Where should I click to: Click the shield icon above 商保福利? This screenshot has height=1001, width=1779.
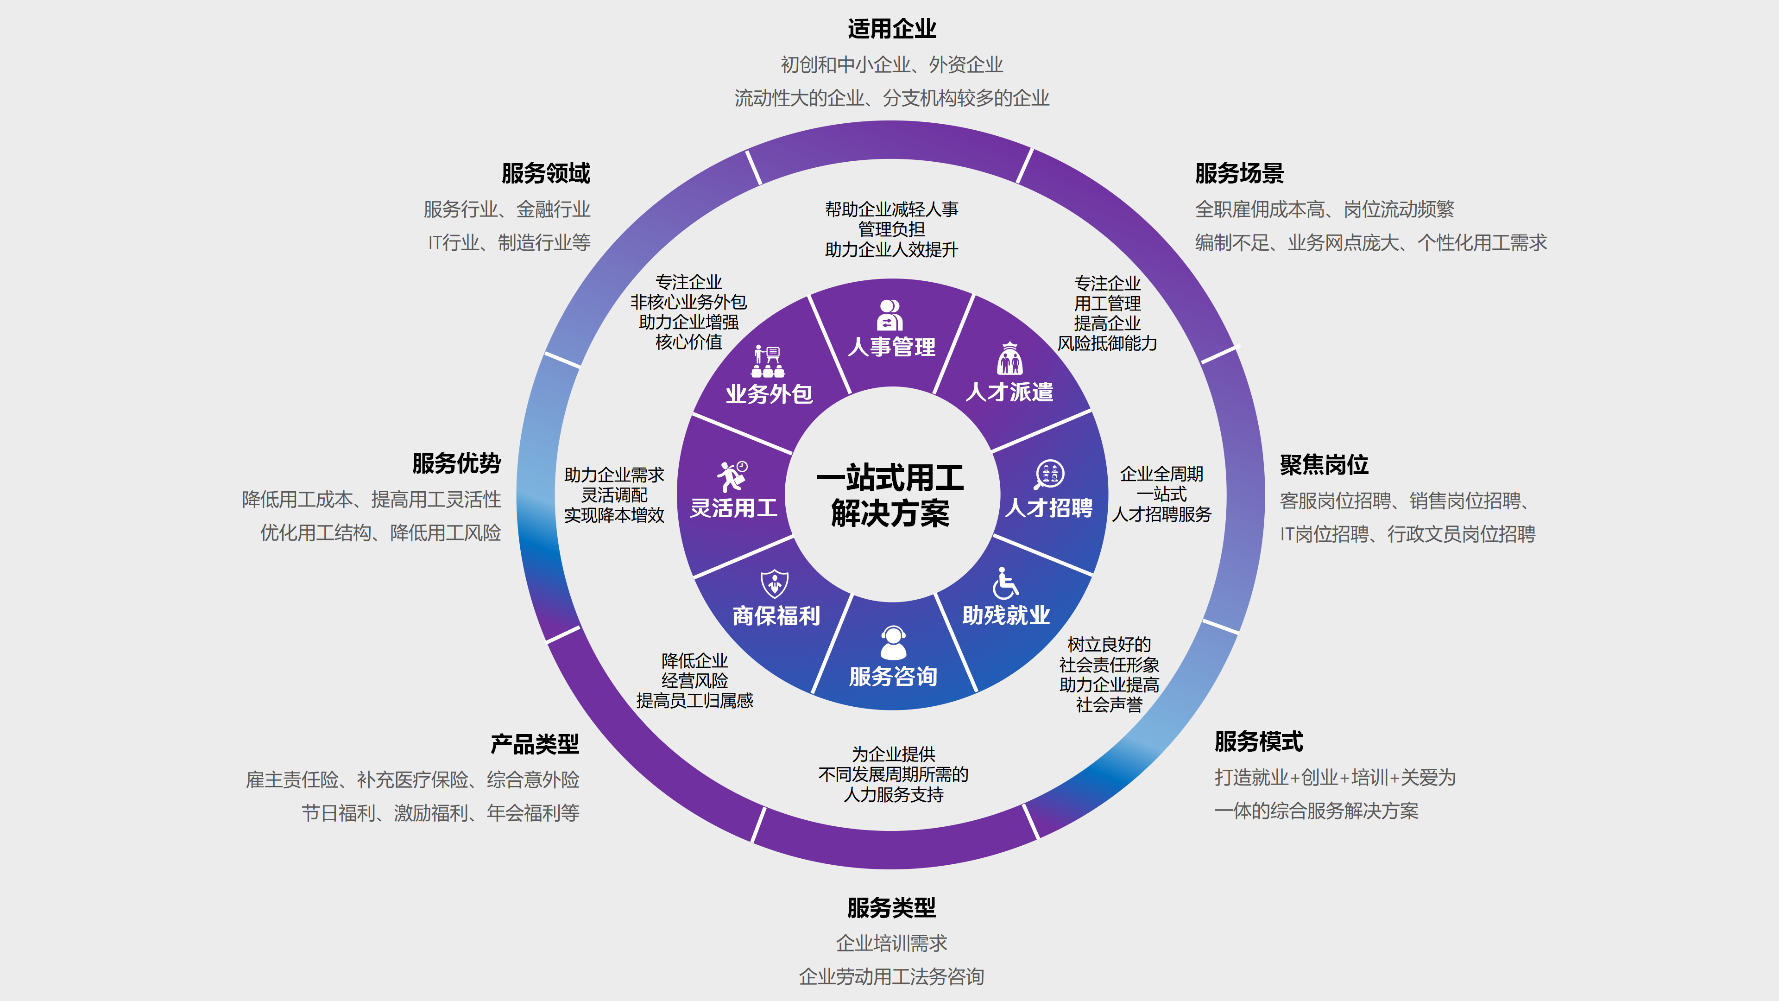click(774, 584)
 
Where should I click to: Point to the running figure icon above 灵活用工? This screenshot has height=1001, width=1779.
click(732, 476)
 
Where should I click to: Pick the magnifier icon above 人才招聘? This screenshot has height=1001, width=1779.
click(1049, 475)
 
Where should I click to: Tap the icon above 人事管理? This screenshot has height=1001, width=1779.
click(890, 315)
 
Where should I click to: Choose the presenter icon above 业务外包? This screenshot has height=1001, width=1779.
click(768, 361)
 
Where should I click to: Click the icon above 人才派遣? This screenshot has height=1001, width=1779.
click(1009, 359)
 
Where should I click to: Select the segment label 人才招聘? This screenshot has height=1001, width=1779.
click(1049, 508)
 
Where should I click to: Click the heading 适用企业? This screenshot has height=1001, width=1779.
click(891, 29)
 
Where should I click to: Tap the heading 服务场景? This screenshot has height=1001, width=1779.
click(1239, 173)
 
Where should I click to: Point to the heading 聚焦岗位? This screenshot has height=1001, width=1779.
click(1324, 464)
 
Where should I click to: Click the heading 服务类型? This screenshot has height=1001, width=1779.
click(891, 907)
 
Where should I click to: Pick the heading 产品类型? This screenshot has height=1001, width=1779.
click(535, 744)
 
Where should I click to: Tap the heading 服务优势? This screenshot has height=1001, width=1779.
click(456, 463)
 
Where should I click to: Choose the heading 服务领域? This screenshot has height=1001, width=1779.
click(546, 173)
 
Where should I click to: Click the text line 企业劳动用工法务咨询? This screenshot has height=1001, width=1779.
click(891, 976)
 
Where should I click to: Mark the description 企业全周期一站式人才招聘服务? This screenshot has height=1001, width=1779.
click(1161, 494)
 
